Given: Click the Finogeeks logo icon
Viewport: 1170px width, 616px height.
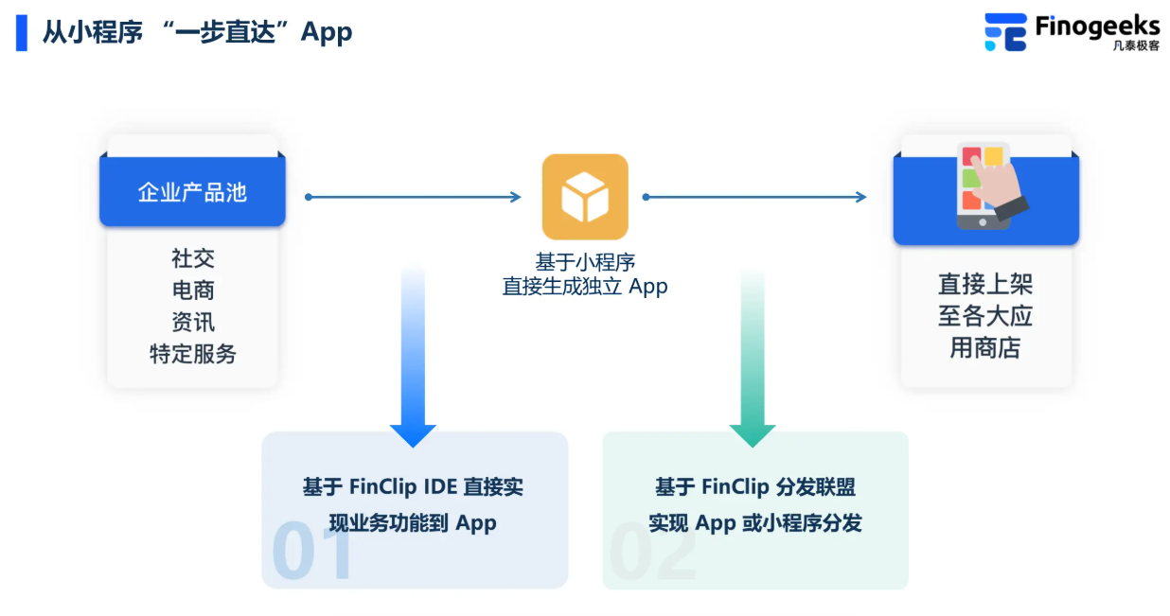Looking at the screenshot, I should point(1004,32).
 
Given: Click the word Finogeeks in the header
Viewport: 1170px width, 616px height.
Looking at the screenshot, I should point(1096,25).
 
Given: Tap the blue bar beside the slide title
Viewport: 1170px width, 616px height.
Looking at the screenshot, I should point(22,32).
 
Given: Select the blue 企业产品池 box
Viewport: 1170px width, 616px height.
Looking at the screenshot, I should point(192,192).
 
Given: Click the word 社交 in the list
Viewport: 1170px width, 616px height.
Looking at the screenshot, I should point(193,258).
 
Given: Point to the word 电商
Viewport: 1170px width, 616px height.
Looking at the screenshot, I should point(193,290).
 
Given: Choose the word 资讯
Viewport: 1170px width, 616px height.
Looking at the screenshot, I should point(193,323).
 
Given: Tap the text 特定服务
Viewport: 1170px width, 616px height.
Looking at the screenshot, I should point(193,355).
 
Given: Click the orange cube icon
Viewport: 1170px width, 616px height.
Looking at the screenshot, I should point(585,197).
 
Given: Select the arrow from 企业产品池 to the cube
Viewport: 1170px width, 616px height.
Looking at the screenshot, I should point(413,197).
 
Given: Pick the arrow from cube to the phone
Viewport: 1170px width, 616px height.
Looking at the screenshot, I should point(754,197).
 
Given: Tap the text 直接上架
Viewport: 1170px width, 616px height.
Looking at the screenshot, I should point(985,284).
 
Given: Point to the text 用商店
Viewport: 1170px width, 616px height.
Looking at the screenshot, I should point(985,348).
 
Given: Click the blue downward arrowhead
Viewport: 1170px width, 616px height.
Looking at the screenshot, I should point(413,434).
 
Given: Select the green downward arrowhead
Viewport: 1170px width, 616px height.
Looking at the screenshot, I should point(753,434).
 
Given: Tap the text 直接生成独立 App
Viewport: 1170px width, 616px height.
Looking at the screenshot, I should point(585,287).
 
